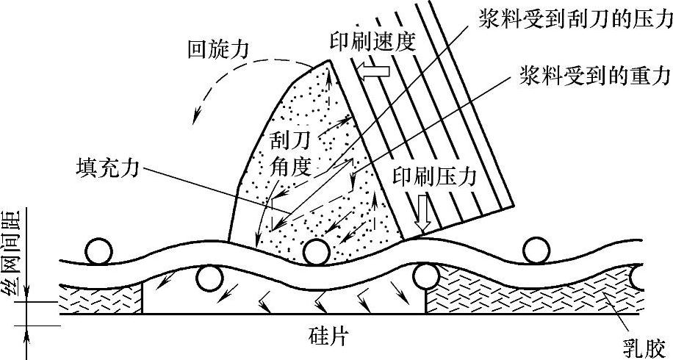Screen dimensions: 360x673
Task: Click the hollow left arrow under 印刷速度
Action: click(x=375, y=71)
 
